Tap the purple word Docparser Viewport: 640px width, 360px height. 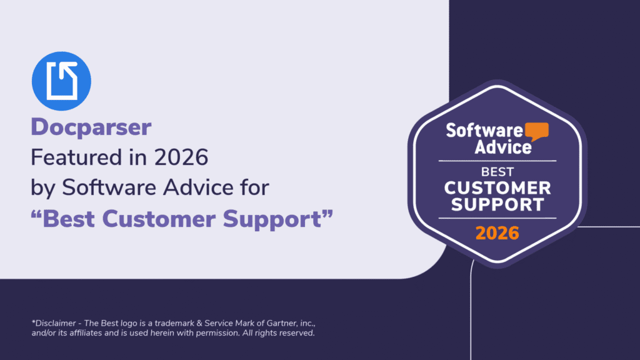pos(91,127)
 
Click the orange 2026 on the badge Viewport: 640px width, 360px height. pos(497,233)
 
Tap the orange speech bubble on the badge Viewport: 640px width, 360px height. pos(537,130)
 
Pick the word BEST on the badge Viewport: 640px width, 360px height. pos(497,171)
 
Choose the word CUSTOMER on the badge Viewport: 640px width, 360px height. pos(497,187)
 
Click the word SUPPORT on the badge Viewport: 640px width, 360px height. pos(497,204)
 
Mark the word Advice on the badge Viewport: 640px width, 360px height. pos(502,147)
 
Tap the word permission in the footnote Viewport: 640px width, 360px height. pos(216,333)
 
